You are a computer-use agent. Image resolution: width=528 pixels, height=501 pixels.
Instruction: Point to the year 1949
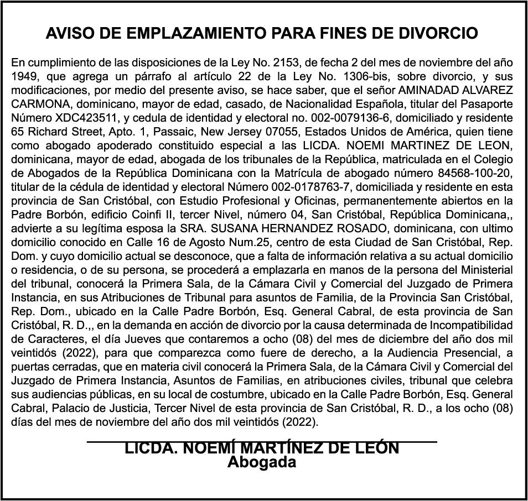24,76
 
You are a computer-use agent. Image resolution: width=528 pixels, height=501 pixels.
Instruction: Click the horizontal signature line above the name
262,441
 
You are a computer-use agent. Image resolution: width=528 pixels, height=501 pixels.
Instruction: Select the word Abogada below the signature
262,462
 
